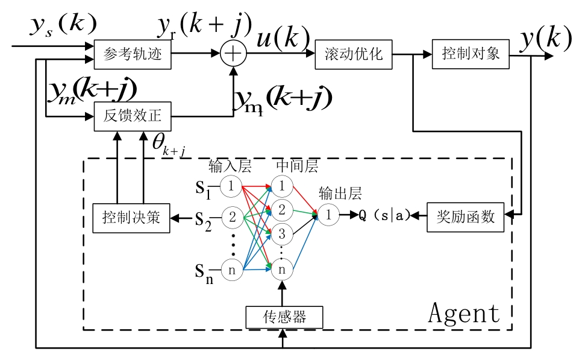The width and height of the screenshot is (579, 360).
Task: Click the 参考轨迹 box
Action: [133, 54]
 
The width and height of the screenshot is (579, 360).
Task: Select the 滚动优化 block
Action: [353, 54]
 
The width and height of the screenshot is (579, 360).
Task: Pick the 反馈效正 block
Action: [133, 116]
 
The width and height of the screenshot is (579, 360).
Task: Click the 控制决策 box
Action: [131, 217]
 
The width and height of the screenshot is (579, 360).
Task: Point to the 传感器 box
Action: [284, 317]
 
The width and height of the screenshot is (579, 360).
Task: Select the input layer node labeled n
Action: [231, 270]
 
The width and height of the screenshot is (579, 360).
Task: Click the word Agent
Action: [464, 313]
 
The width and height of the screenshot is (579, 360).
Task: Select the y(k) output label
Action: [545, 39]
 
